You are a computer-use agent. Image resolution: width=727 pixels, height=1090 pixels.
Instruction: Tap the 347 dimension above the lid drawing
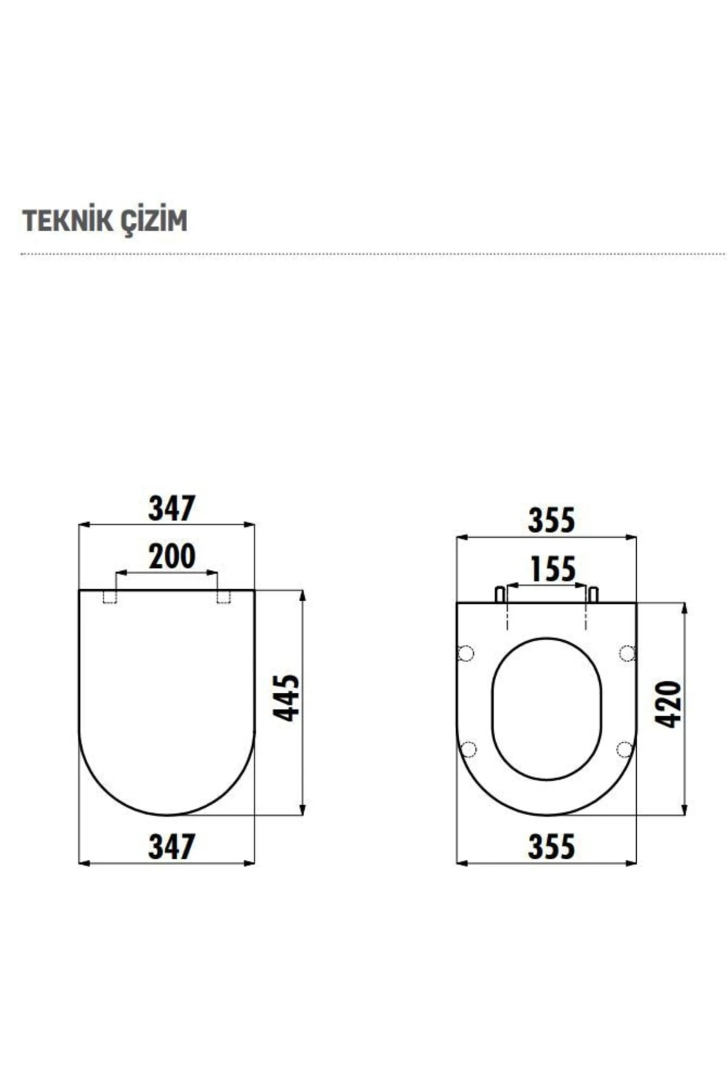(171, 509)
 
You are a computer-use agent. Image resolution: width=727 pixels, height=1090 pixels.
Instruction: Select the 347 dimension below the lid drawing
(171, 846)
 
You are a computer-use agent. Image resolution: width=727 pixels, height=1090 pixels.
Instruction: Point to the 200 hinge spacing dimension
(171, 557)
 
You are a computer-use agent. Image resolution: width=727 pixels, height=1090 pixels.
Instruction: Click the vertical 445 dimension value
(286, 698)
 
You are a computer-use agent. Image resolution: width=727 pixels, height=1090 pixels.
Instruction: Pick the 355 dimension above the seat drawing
(551, 521)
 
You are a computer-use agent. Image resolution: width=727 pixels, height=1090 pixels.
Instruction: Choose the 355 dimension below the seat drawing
(551, 846)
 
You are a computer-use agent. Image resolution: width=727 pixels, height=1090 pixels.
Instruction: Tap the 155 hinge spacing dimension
(552, 569)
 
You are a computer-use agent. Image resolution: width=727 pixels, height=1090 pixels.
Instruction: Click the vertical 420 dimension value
(668, 704)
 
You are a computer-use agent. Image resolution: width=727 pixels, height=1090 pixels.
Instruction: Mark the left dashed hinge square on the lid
(110, 597)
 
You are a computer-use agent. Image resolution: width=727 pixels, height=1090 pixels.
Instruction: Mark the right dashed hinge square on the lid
(224, 597)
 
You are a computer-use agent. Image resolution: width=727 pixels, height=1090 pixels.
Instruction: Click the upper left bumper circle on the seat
(466, 653)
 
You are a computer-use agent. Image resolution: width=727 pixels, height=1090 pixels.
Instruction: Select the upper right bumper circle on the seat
(627, 653)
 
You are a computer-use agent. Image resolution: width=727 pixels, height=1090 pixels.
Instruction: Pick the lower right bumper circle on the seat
(625, 750)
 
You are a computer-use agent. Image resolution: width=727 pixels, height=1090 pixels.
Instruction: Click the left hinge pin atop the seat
(500, 594)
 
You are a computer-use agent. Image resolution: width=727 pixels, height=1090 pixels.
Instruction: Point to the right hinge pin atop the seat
(593, 594)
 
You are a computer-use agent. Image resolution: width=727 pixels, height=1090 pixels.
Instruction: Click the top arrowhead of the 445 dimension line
(302, 595)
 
